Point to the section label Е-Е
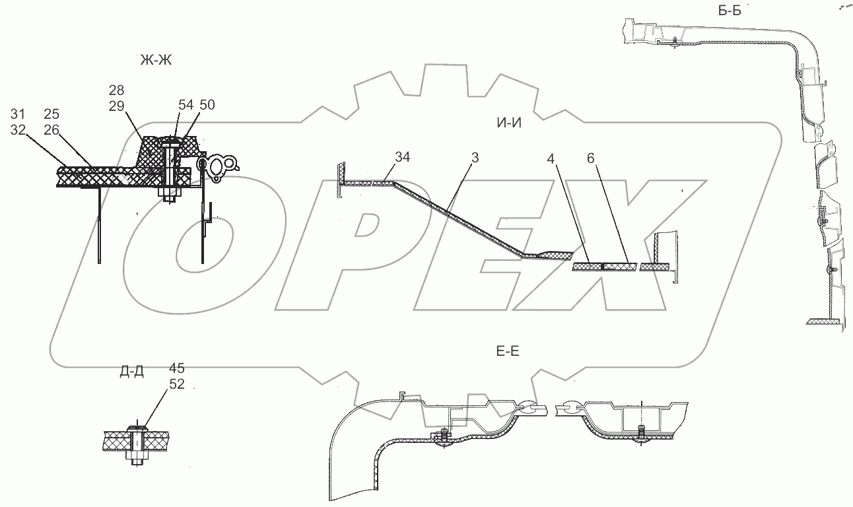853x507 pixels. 507,352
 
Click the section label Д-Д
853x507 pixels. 132,372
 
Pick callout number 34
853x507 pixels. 404,157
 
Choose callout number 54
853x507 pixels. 185,105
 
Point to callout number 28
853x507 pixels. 118,90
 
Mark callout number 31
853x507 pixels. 18,114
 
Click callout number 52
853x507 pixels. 176,383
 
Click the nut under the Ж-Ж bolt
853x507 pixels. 168,195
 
